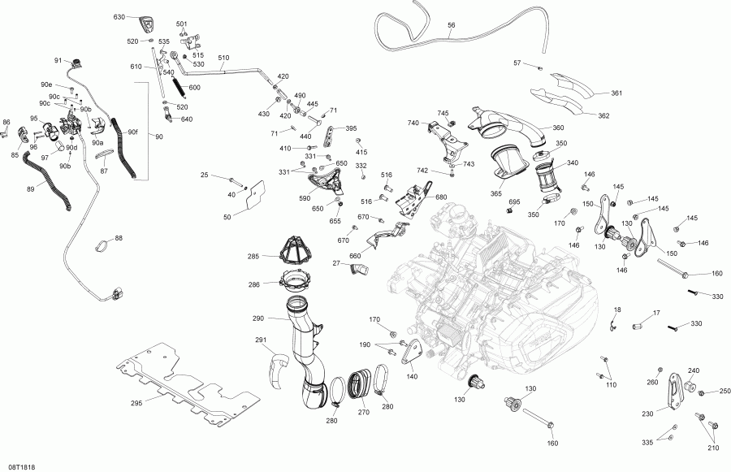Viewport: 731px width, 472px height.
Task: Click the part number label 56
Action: [x=452, y=25]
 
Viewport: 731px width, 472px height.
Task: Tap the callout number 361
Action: [x=616, y=93]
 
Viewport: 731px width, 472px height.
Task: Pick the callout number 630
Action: [x=119, y=17]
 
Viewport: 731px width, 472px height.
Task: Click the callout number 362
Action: [x=603, y=115]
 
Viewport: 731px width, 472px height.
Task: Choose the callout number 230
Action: [x=647, y=414]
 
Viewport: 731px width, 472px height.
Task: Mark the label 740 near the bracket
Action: [x=413, y=123]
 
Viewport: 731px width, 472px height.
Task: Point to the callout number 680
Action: [x=441, y=197]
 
